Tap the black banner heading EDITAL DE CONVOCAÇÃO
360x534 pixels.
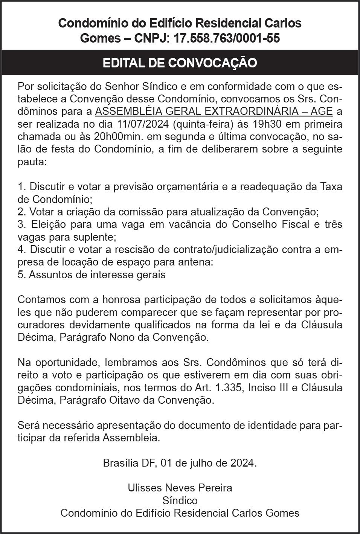pyautogui.click(x=180, y=63)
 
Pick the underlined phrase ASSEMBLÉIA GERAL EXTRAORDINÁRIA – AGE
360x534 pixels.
pyautogui.click(x=214, y=111)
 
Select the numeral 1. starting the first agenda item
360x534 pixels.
pyautogui.click(x=21, y=187)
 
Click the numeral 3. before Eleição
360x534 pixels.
pyautogui.click(x=21, y=224)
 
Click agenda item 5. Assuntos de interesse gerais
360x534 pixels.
pyautogui.click(x=92, y=275)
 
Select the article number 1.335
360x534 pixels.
pyautogui.click(x=231, y=388)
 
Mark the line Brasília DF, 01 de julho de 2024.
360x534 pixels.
pyautogui.click(x=180, y=463)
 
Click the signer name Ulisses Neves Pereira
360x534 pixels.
pyautogui.click(x=180, y=488)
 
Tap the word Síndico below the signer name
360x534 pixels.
pyautogui.click(x=180, y=500)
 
